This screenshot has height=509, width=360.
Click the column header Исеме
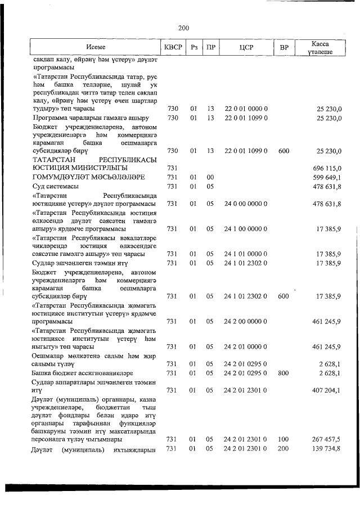(96, 47)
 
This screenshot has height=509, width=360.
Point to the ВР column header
(283, 47)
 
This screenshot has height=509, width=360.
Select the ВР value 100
(283, 439)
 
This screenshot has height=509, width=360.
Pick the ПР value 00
(210, 177)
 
